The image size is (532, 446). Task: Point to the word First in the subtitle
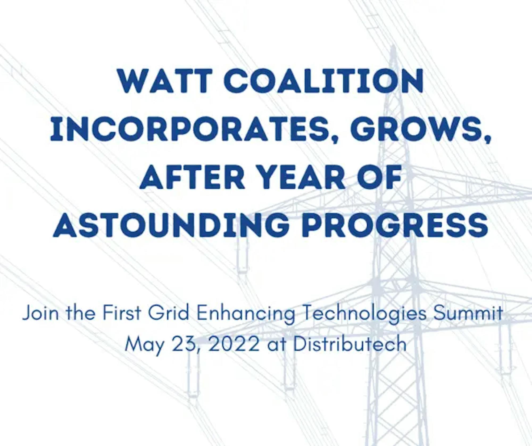tap(122, 313)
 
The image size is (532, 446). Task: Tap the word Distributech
tap(350, 344)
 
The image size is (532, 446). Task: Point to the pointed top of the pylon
tap(393, 47)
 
